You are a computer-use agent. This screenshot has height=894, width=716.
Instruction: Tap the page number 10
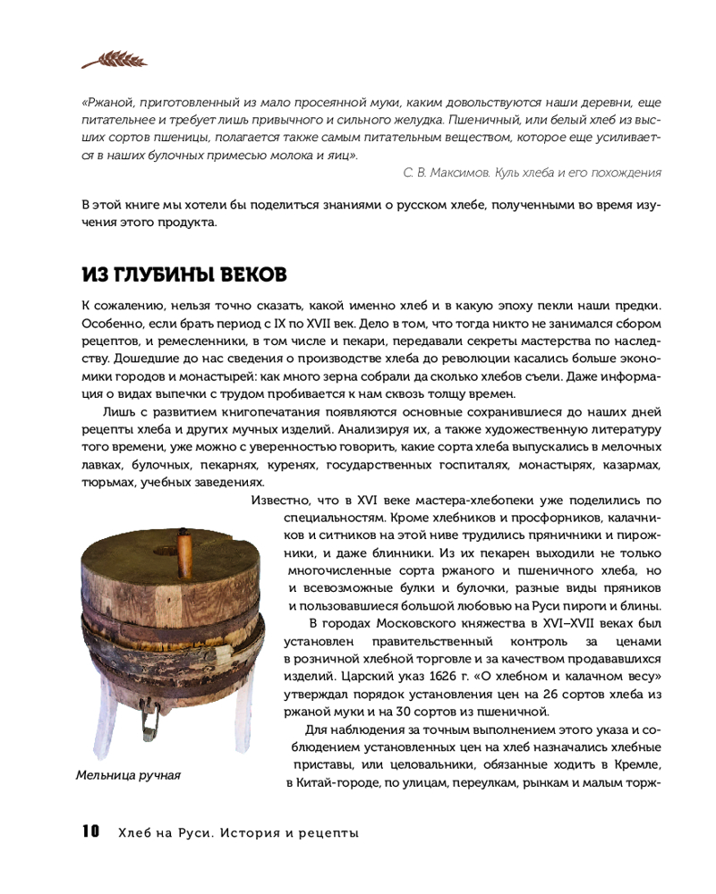(x=90, y=832)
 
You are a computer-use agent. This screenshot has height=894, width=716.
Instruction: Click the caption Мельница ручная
(x=128, y=775)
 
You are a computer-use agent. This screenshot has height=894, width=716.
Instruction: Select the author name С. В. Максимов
(x=434, y=173)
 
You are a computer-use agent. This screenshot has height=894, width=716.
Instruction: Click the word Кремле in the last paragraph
(x=638, y=765)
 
